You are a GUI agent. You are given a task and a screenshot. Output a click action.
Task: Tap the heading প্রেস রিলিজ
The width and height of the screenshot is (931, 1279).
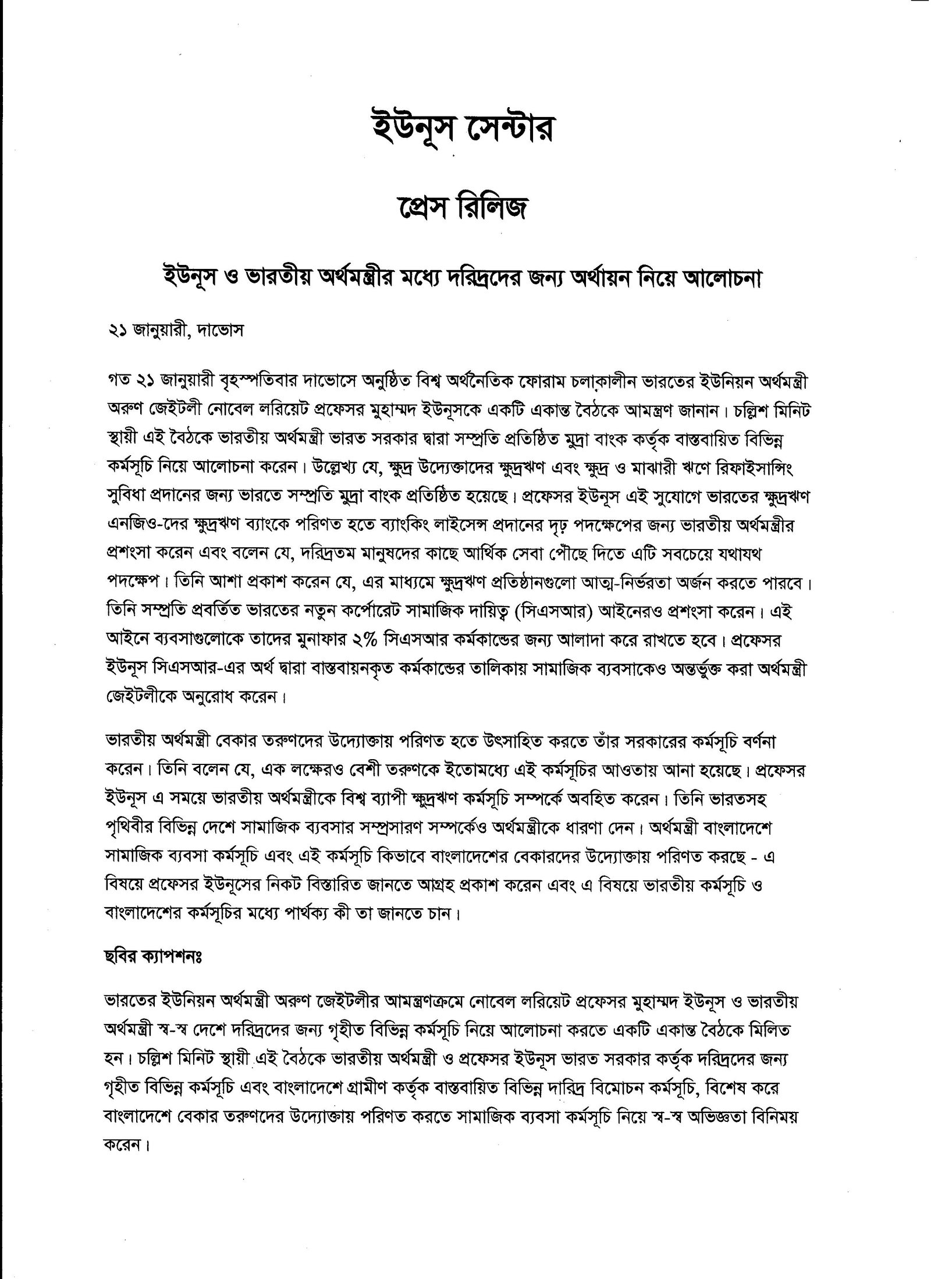click(465, 210)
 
